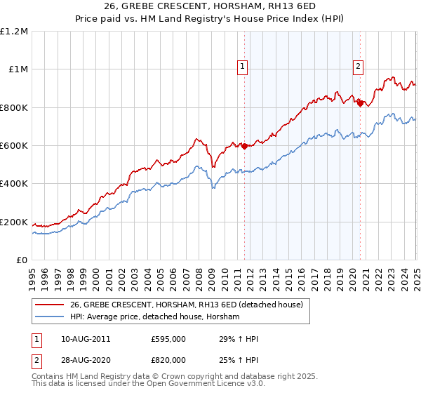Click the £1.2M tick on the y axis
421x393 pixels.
coord(13,32)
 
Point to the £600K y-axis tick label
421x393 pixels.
coord(13,146)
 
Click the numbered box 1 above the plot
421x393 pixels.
coord(242,67)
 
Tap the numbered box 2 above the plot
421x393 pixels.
coord(358,67)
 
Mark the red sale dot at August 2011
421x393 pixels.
coord(245,146)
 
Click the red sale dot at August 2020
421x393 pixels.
coord(361,103)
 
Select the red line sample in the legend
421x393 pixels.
coord(49,305)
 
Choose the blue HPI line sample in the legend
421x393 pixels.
coord(49,317)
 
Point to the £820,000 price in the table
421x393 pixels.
coord(168,360)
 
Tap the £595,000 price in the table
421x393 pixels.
coord(168,339)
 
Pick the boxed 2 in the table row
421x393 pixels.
coord(36,360)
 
